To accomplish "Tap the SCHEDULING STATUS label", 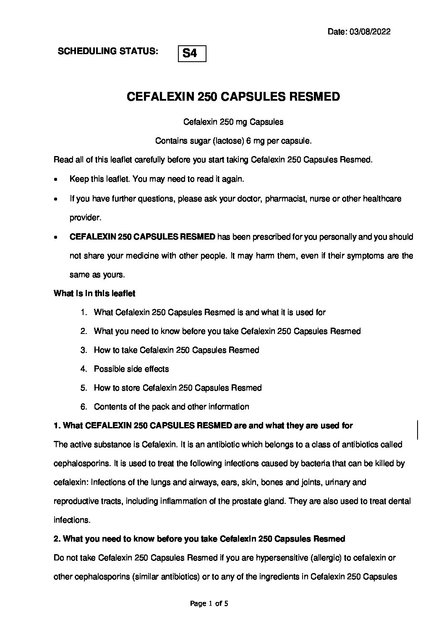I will pos(108,51).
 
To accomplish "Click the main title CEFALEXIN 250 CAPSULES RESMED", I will pos(233,97).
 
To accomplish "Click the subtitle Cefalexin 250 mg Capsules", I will pos(233,122).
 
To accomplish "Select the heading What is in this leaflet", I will pos(94,294).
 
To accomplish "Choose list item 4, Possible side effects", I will pos(131,369).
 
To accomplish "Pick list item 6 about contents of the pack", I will pos(171,407).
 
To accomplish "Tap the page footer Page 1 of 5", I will pos(209,604).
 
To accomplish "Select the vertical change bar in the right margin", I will pos(418,430).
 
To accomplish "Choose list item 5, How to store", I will pos(178,388).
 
